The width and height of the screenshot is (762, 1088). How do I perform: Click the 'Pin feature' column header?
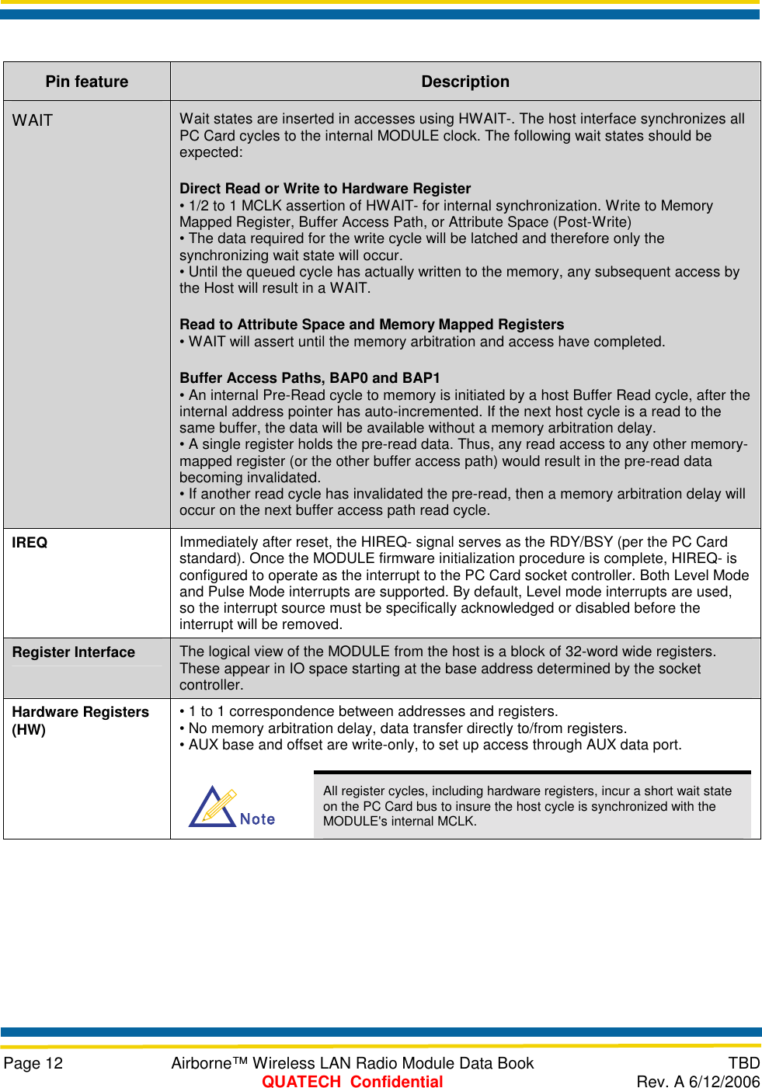(x=87, y=82)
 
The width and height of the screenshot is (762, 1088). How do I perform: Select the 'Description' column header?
(x=465, y=82)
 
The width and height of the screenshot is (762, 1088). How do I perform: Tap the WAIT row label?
(x=33, y=120)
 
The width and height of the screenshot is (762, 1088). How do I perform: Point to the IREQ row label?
(x=30, y=543)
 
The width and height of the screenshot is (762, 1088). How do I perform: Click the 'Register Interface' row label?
(x=74, y=652)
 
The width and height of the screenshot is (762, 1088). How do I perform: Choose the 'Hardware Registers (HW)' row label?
(x=80, y=721)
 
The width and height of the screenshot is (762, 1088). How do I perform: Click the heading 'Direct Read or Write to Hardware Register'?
(x=325, y=189)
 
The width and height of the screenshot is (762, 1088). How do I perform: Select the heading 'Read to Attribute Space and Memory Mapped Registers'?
(x=371, y=325)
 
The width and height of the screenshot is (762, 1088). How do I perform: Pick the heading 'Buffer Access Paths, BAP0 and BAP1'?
(x=309, y=378)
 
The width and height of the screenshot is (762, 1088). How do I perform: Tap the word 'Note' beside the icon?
(x=257, y=819)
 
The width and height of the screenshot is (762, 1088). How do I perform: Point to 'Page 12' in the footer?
(x=33, y=1063)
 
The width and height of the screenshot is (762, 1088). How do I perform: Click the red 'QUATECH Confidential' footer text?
(x=352, y=1082)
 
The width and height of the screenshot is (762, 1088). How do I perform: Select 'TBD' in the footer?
(x=743, y=1063)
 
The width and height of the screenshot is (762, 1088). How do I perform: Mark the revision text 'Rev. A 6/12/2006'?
(x=698, y=1082)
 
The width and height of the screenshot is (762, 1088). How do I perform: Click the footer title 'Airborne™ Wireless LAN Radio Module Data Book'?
(x=352, y=1063)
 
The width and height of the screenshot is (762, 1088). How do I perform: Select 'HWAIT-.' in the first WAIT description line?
(x=486, y=119)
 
